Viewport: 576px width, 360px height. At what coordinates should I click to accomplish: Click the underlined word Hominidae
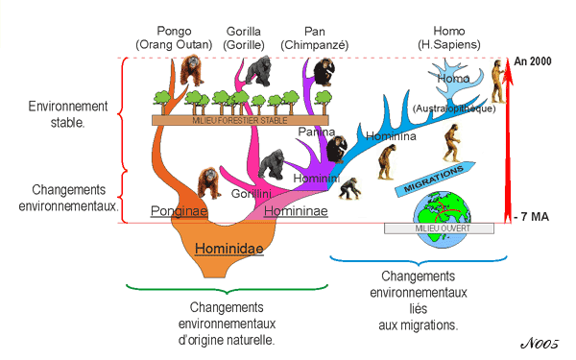[x=228, y=248]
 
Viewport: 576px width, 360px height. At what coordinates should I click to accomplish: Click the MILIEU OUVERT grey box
[x=440, y=228]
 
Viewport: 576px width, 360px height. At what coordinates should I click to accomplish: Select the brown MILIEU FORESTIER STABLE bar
[x=221, y=119]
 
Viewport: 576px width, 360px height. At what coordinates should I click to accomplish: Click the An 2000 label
[x=535, y=60]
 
